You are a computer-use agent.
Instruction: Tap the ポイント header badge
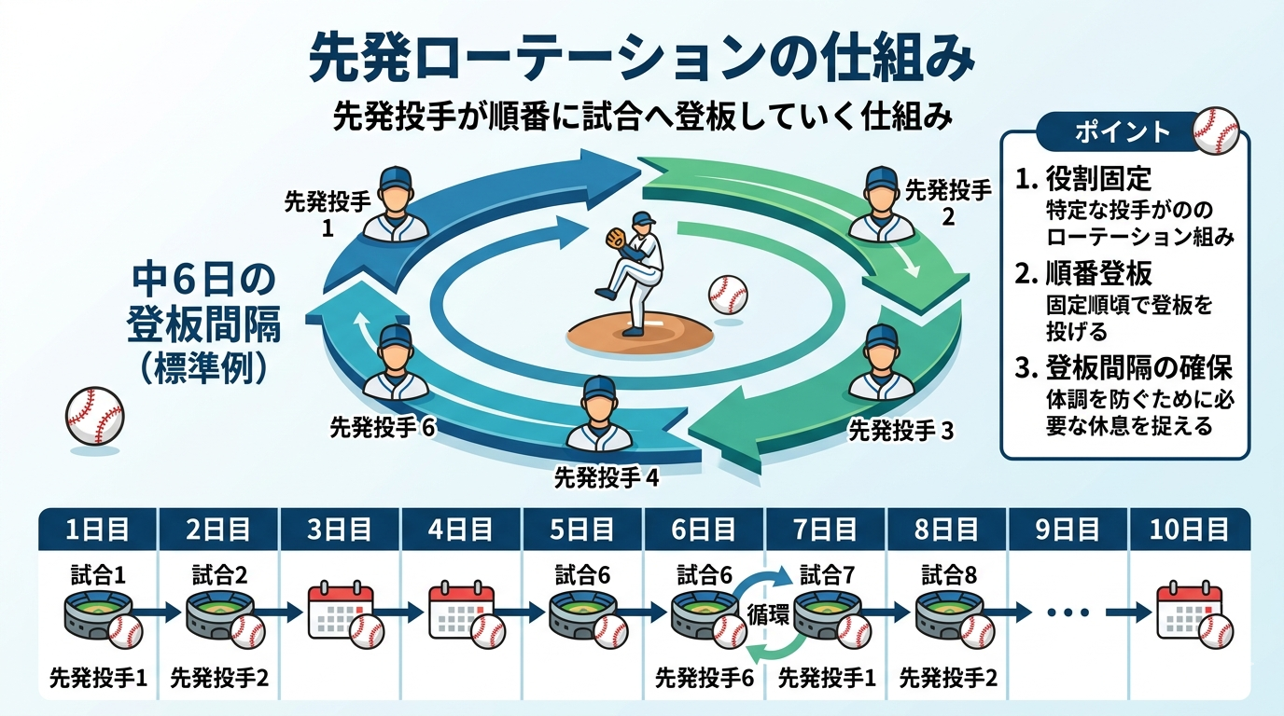(1122, 131)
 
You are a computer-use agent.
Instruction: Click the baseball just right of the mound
(728, 295)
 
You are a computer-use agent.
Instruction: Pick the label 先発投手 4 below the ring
(607, 478)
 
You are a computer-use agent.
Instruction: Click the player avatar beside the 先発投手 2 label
(880, 205)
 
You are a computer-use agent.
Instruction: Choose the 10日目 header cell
(1189, 530)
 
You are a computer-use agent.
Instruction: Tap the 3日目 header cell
(340, 530)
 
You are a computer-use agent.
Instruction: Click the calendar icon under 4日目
(461, 612)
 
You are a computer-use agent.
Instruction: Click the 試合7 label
(827, 574)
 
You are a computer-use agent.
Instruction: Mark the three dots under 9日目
(1068, 613)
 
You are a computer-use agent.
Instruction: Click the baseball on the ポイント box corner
(1215, 131)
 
